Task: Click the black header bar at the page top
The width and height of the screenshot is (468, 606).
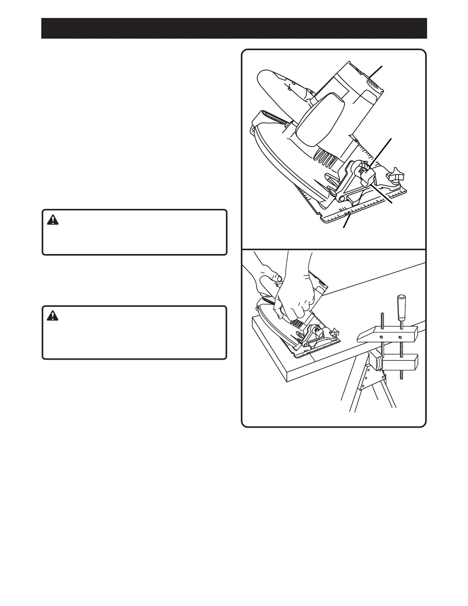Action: click(234, 28)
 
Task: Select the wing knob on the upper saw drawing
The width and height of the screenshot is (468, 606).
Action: click(396, 177)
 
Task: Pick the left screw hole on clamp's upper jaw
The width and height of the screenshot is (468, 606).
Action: click(382, 337)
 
